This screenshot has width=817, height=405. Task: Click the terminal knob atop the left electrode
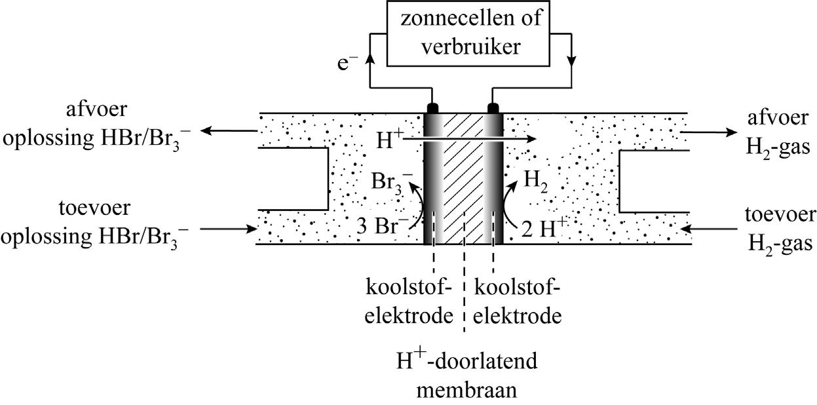(433, 107)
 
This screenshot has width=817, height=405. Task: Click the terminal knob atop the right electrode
(493, 107)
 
